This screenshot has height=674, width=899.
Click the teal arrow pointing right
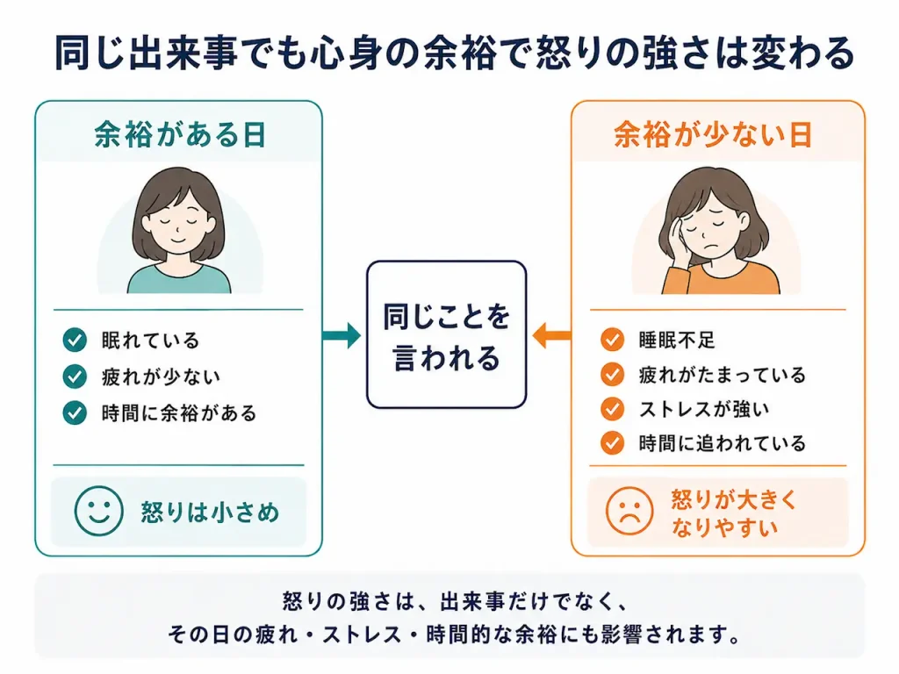pos(342,335)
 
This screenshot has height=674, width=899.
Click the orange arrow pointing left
pos(551,335)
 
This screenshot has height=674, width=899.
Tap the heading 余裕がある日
pos(180,134)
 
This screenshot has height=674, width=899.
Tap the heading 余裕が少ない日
pos(713,134)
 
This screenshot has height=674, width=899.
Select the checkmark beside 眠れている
pos(75,340)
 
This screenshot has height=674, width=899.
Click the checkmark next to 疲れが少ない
pos(75,376)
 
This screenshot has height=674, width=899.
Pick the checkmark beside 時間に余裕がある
pos(75,412)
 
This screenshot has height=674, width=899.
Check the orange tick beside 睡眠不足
pos(612,340)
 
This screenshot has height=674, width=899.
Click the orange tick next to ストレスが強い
pos(612,409)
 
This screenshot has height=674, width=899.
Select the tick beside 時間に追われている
pos(612,443)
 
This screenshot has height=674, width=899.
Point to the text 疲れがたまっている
pos(723,375)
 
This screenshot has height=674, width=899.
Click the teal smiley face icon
pos(98,512)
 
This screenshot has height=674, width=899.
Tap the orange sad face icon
pos(629,511)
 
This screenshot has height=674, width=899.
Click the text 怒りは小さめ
pos(210,512)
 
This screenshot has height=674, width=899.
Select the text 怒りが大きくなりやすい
pos(733,513)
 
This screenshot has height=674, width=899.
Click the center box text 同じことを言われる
pos(446,337)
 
